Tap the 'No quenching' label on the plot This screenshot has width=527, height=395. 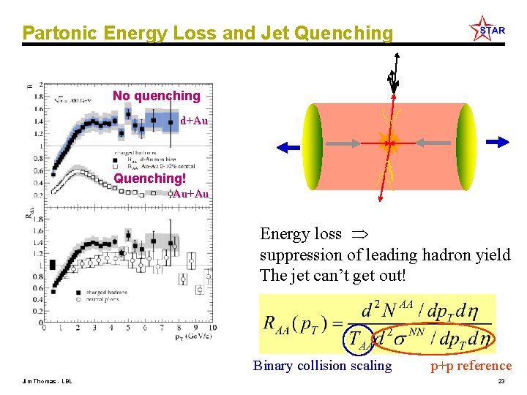(x=156, y=96)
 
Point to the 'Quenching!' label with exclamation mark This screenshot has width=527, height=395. (x=150, y=178)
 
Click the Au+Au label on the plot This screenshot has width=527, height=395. (x=190, y=194)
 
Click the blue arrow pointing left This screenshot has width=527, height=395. (x=289, y=146)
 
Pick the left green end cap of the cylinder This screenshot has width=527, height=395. (x=313, y=146)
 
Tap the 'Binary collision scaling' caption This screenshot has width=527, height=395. (x=322, y=366)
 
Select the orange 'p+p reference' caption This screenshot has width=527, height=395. (x=471, y=366)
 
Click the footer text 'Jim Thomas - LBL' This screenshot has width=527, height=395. (x=48, y=382)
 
